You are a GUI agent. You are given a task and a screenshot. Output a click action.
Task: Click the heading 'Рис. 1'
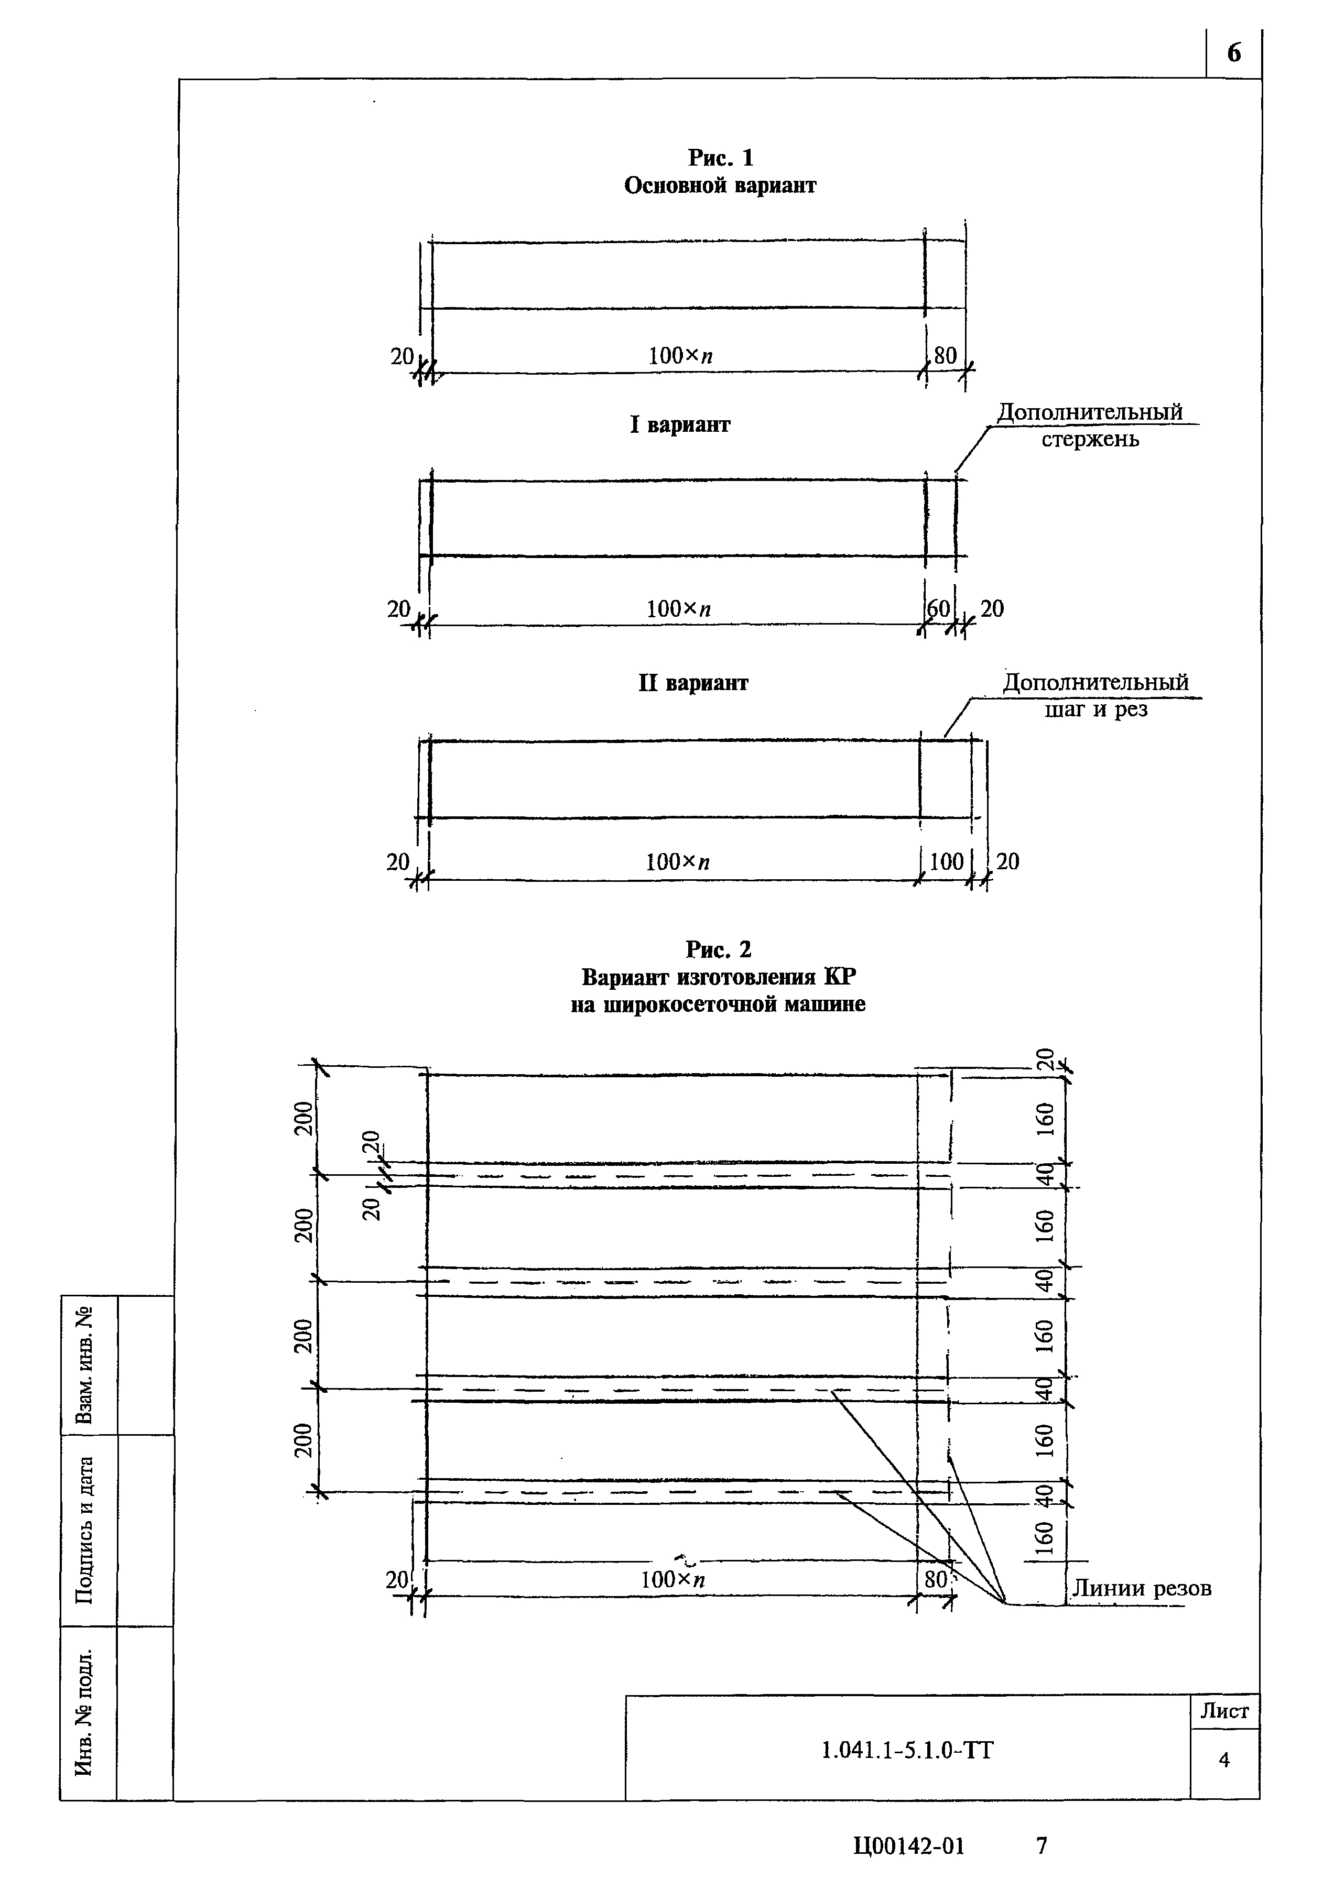(x=721, y=157)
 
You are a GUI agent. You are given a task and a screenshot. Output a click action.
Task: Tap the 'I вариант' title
(x=680, y=425)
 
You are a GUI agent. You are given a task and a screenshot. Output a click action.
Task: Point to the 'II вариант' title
(x=693, y=683)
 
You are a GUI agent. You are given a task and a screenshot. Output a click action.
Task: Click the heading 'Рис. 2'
(x=719, y=950)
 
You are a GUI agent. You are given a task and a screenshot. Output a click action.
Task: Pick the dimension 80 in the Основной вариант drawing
(x=945, y=356)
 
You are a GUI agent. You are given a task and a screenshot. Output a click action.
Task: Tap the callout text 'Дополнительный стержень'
(x=1089, y=425)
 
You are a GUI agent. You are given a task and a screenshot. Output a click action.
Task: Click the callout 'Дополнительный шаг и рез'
(x=1095, y=695)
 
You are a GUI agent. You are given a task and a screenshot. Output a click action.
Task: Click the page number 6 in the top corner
(x=1233, y=53)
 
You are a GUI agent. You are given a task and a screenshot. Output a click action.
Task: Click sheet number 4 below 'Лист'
(x=1224, y=1760)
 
